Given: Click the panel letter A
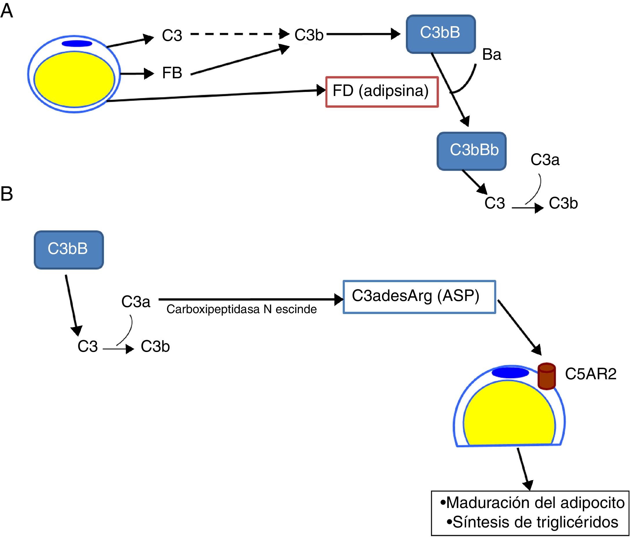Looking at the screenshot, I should [x=7, y=12].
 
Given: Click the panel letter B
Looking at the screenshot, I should [x=7, y=194].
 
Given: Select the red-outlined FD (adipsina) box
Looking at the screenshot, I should [x=382, y=91].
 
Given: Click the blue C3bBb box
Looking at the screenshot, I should [x=472, y=151].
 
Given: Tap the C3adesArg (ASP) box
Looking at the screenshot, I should [x=419, y=297].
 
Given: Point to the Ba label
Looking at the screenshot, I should [x=491, y=55].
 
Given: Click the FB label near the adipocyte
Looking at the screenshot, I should [x=172, y=73].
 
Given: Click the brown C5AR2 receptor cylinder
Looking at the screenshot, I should [x=546, y=376].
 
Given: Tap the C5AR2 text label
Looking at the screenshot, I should [x=590, y=374].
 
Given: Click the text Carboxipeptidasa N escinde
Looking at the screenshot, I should [x=241, y=309].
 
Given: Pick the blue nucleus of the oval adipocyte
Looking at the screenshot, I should [x=77, y=43].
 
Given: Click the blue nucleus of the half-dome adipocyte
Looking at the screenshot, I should [x=510, y=373].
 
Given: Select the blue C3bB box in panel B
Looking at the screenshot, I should [x=68, y=249].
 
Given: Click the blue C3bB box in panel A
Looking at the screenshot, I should [x=441, y=34].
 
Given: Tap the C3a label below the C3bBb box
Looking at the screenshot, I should [x=544, y=160].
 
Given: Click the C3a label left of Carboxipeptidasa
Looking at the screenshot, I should [x=136, y=302].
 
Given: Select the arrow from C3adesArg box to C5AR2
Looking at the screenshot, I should [x=519, y=327].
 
